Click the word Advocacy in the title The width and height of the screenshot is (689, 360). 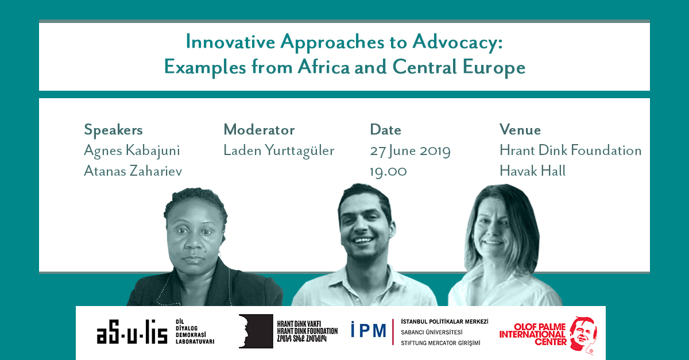[x=458, y=42]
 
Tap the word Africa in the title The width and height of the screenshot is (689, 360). [x=324, y=67]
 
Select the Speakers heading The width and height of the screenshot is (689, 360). [x=113, y=130]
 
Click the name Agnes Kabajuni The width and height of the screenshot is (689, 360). [x=132, y=151]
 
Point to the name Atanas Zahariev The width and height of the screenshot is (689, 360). [x=133, y=171]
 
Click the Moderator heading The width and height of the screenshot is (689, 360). [x=259, y=130]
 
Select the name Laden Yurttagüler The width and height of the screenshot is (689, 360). [x=278, y=150]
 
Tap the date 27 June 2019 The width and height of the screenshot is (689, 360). [x=410, y=151]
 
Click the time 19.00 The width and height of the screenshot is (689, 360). [x=388, y=171]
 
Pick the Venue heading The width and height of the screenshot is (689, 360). [x=520, y=130]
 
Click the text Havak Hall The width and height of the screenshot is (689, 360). [x=532, y=171]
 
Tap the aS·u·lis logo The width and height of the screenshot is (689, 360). [x=132, y=332]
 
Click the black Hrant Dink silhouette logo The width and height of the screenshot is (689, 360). [x=256, y=331]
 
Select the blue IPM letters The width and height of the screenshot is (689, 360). [x=369, y=330]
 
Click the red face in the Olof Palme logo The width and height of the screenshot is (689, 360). [x=583, y=334]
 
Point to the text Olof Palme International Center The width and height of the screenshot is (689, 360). [x=533, y=334]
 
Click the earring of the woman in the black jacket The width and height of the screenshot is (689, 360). [x=219, y=254]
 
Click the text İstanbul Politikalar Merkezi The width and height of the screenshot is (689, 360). [x=444, y=322]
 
